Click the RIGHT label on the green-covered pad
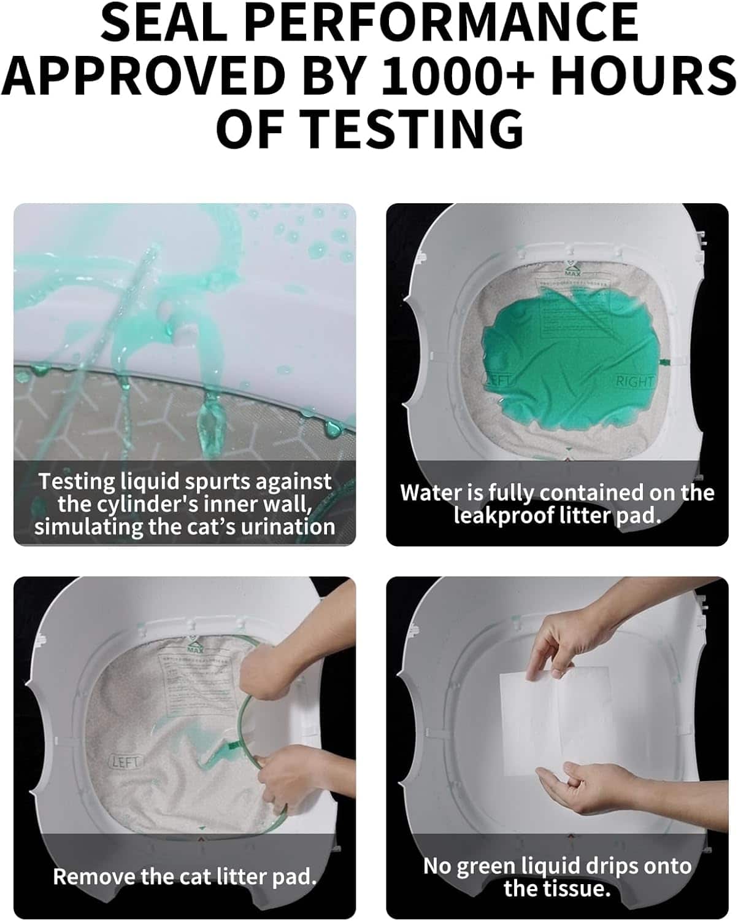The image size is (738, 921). click(635, 381)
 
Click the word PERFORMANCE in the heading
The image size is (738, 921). click(445, 23)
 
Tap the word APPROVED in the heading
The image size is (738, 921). click(144, 76)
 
